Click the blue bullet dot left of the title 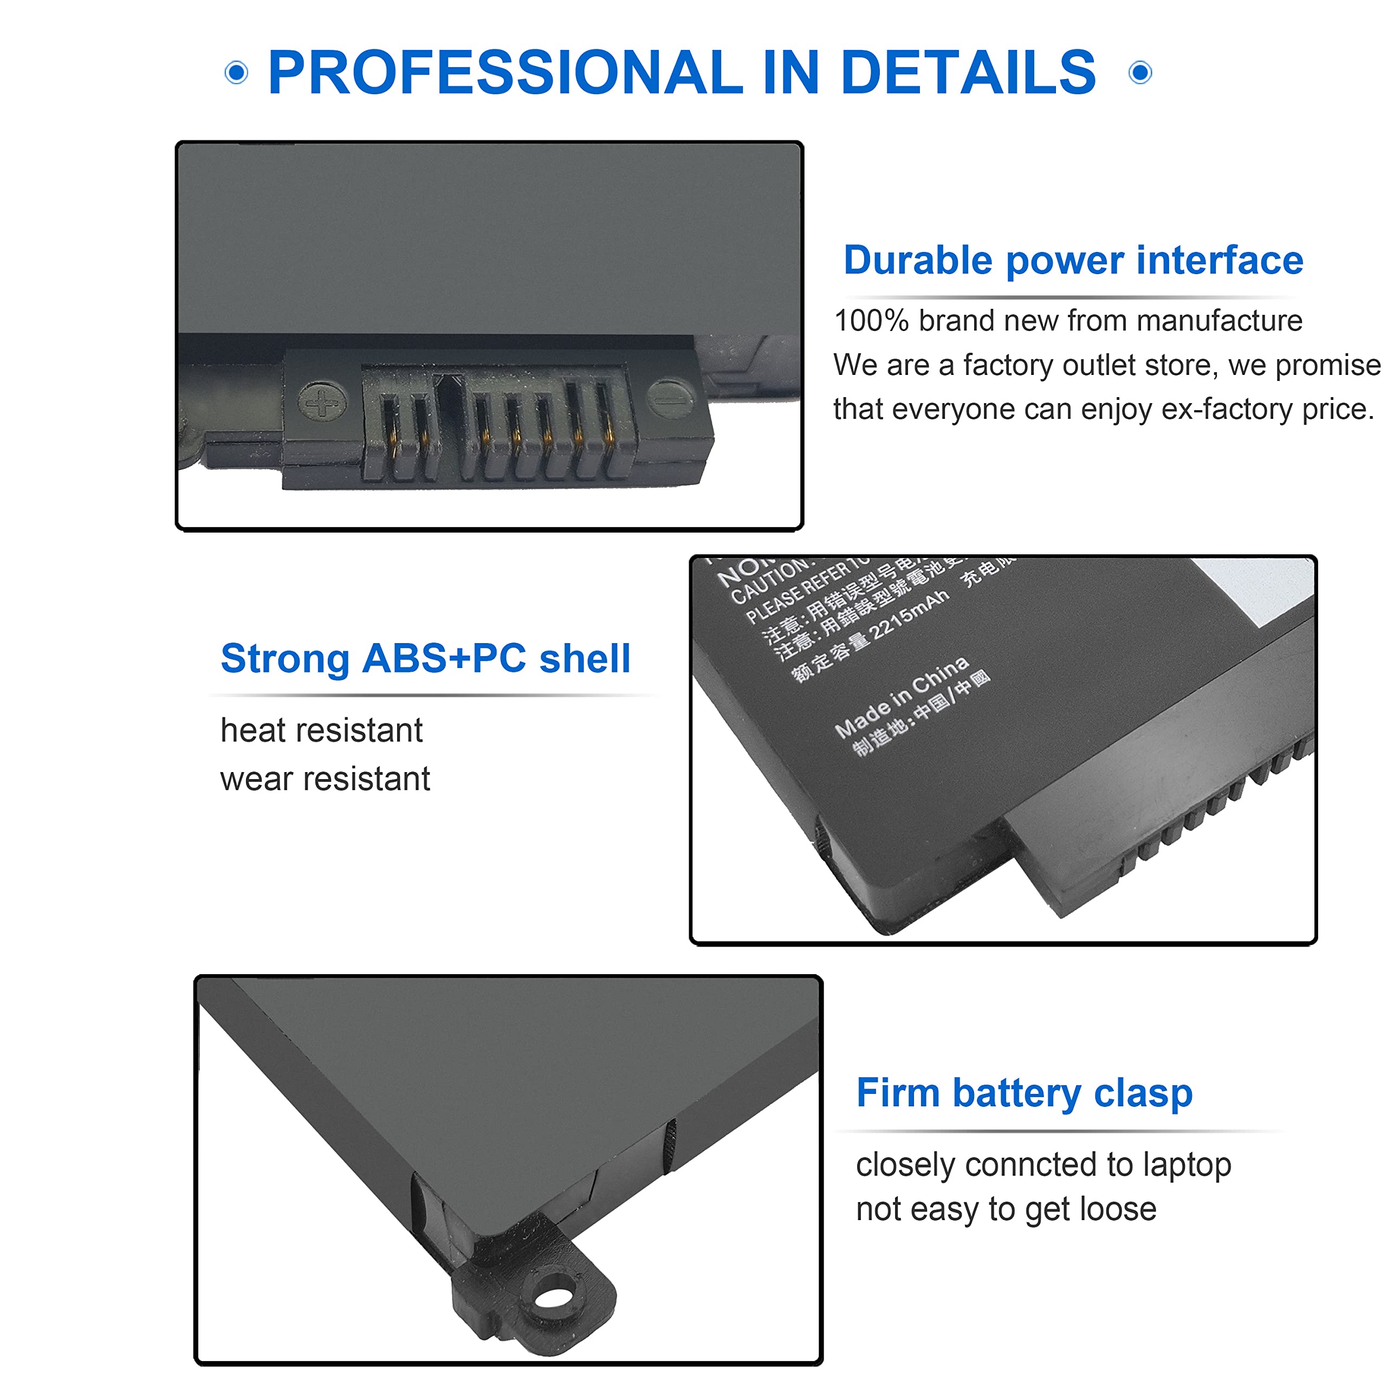pyautogui.click(x=236, y=73)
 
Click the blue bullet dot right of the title pyautogui.click(x=1140, y=73)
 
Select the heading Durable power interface pyautogui.click(x=1073, y=260)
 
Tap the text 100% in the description pyautogui.click(x=871, y=321)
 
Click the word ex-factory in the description pyautogui.click(x=1227, y=409)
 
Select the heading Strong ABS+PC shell pyautogui.click(x=425, y=658)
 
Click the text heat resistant pyautogui.click(x=321, y=731)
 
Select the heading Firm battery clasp pyautogui.click(x=1024, y=1093)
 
